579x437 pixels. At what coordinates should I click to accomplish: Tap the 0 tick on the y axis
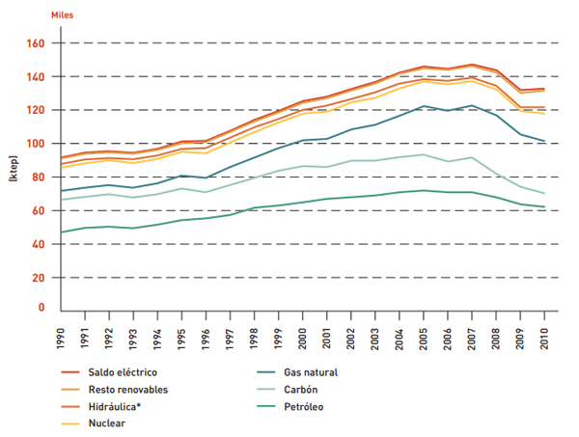tap(41, 308)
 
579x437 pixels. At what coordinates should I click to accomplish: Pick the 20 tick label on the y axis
tap(37, 278)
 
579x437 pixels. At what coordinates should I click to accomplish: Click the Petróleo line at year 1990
tap(62, 232)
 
